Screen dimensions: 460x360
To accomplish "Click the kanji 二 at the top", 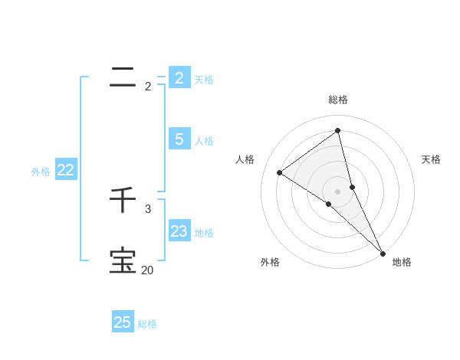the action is tap(123, 77).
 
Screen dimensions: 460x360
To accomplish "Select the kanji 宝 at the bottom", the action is tap(123, 260).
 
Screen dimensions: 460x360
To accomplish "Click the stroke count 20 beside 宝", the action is tap(147, 270).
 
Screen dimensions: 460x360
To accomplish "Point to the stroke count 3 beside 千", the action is tap(148, 208).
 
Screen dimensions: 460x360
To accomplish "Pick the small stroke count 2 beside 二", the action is tap(148, 87).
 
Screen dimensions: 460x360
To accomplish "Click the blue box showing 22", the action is tap(66, 171).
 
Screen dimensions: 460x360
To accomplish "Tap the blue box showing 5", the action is tap(179, 139).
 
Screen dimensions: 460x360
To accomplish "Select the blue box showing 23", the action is tap(179, 231).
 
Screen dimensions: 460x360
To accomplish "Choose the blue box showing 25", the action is tap(123, 322).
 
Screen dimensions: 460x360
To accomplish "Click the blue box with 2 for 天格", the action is tap(179, 78).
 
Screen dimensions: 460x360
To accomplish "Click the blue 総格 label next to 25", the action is tap(147, 324).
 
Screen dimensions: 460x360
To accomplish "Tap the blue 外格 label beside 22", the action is tap(41, 172).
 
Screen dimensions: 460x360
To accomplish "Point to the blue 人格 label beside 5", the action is tap(204, 141).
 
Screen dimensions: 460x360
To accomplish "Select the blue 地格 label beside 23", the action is tap(204, 233).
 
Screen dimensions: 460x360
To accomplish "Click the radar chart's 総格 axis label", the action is tap(338, 100).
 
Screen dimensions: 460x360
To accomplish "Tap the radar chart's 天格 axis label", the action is tap(431, 159).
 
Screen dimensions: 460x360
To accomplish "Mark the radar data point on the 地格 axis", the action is tap(383, 252).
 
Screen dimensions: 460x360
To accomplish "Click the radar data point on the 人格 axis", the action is tap(279, 172).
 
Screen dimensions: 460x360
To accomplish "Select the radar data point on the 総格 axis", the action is tap(338, 130).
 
